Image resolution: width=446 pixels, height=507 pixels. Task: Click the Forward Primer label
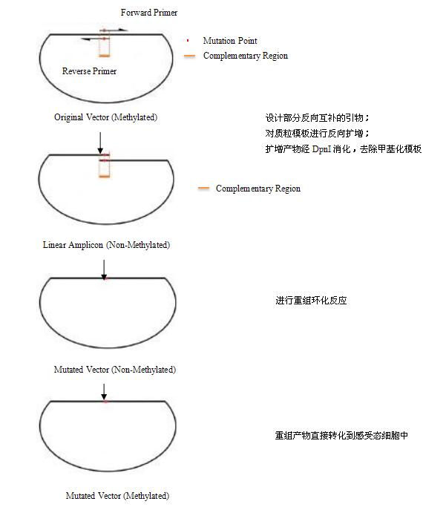point(149,13)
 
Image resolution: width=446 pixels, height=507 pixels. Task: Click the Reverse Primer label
point(90,71)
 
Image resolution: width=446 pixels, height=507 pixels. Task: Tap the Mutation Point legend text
point(230,41)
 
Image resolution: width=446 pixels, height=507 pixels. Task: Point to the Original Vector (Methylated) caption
point(105,117)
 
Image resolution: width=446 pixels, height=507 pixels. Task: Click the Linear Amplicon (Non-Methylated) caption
point(106,244)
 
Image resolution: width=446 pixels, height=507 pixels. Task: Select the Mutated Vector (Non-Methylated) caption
point(114,369)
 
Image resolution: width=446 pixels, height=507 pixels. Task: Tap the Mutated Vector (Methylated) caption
point(117,495)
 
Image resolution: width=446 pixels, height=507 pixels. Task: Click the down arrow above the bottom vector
point(105,390)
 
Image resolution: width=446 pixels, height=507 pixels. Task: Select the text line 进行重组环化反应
point(311,301)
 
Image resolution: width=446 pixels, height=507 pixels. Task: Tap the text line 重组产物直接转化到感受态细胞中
point(341,436)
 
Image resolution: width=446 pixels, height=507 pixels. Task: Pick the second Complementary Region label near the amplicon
point(258,189)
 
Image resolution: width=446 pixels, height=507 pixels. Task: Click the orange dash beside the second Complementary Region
point(203,189)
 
